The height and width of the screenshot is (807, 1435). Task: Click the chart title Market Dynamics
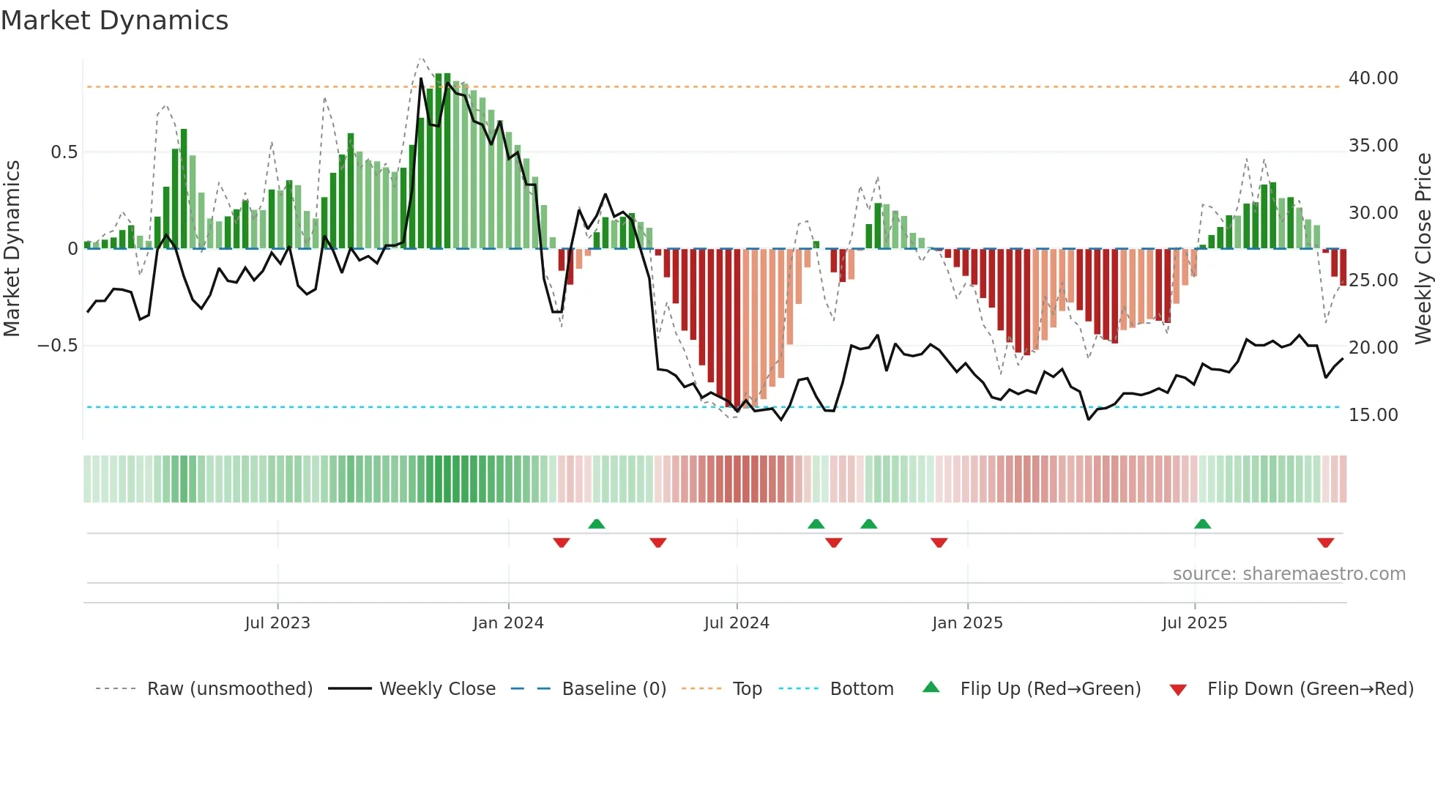pos(114,21)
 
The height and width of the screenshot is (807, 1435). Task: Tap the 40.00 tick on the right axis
pos(1373,78)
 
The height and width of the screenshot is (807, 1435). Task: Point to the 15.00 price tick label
pos(1373,415)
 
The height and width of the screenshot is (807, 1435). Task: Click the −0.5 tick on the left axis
pos(57,346)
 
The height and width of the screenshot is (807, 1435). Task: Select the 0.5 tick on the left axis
pos(64,152)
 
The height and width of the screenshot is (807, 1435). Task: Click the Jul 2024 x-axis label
pos(737,623)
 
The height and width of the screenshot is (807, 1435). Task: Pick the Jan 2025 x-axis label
pos(967,623)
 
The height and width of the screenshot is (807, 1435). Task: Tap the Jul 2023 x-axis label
pos(277,623)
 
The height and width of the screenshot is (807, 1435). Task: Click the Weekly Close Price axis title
pos(1423,249)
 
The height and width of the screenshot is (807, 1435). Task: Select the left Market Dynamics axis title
pos(12,249)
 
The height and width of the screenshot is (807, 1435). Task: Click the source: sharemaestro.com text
pos(1289,574)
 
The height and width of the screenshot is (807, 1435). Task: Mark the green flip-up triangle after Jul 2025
pos(1202,524)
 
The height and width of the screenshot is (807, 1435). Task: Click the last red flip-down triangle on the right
pos(1325,543)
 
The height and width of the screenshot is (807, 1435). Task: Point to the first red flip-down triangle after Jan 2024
pos(562,543)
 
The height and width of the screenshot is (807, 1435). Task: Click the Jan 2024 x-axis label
pos(508,623)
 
